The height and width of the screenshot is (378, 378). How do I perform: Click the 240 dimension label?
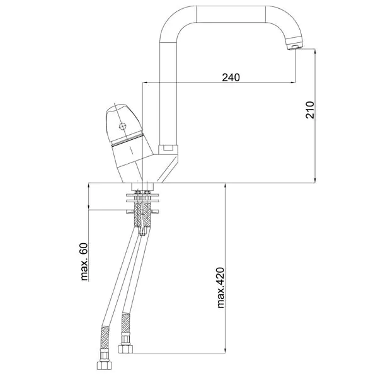click(x=231, y=77)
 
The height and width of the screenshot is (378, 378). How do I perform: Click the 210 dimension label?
click(x=310, y=110)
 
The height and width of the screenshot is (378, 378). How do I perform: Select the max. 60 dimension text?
click(x=84, y=262)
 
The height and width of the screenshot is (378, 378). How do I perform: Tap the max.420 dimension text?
click(x=220, y=288)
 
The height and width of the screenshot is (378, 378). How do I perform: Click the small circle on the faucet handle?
click(x=123, y=126)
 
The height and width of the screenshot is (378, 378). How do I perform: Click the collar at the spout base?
click(x=168, y=149)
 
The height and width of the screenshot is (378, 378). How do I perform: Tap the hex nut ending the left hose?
click(x=104, y=365)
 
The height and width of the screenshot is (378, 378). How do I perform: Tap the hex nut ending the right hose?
click(x=125, y=349)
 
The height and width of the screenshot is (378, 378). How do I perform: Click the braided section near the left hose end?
click(x=105, y=338)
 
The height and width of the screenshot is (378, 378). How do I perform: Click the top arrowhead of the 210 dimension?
click(x=315, y=51)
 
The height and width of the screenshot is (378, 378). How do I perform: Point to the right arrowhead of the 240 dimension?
click(x=294, y=83)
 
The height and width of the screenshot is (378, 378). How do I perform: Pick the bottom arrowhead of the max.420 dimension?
click(x=225, y=351)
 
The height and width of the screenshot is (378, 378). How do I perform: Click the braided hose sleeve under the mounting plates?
click(x=143, y=214)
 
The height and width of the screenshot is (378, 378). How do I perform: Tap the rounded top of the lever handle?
click(x=115, y=108)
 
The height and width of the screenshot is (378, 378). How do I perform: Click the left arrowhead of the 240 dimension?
click(x=146, y=83)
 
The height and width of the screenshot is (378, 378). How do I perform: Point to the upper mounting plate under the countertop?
click(x=143, y=194)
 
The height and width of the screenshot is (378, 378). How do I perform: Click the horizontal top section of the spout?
click(x=231, y=14)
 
